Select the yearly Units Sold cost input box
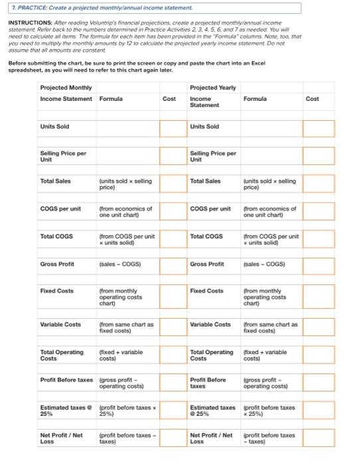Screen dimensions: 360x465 pos(319,128)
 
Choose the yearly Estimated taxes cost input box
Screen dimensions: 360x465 pos(319,411)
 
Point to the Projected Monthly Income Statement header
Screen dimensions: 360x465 pos(66,94)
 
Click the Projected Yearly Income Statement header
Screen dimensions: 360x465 pos(213,96)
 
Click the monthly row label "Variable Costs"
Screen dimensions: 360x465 pos(60,324)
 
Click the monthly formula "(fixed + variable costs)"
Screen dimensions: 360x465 pos(120,355)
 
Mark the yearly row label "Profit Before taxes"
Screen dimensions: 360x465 pos(208,383)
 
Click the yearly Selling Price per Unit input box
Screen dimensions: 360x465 pos(319,156)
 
